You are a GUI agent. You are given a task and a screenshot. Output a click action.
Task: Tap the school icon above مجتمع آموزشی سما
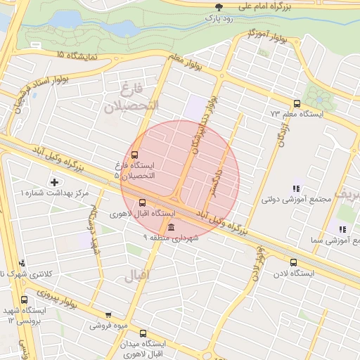[x=341, y=229]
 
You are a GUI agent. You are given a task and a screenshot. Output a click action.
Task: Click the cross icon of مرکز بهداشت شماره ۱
[x=54, y=182]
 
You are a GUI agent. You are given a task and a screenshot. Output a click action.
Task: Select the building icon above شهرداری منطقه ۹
[x=172, y=226]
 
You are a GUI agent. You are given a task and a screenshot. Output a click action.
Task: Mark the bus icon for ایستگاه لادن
[x=293, y=263]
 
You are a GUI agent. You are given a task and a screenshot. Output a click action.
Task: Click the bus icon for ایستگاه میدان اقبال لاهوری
[x=143, y=334]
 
